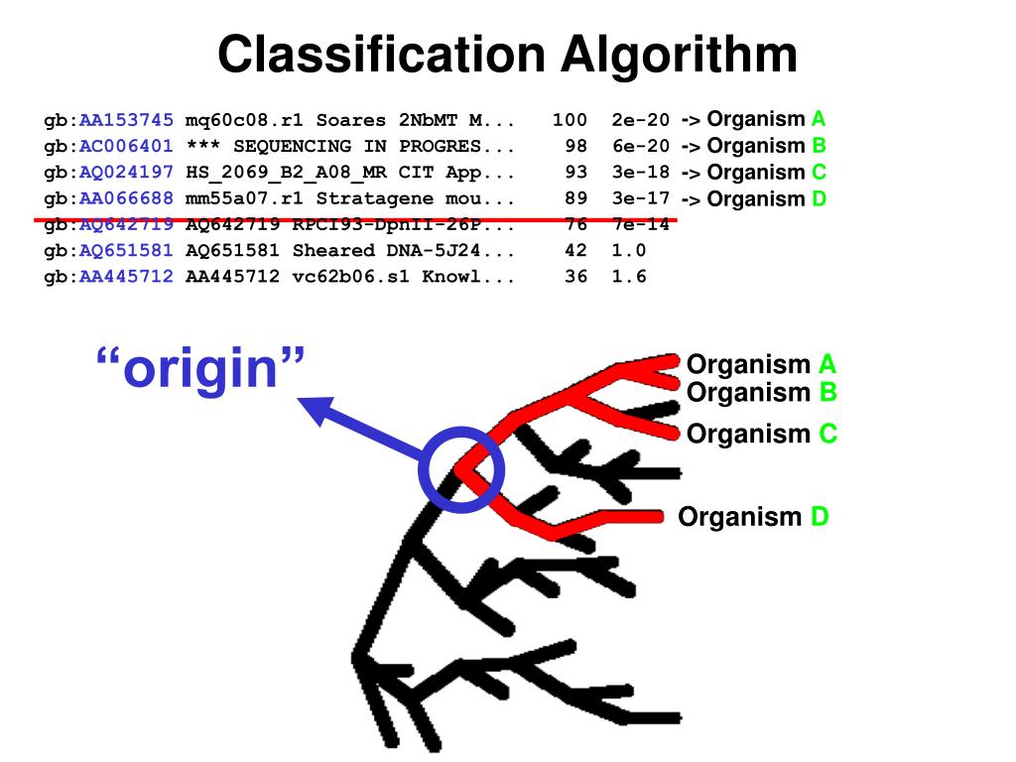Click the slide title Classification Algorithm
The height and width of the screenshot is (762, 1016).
[507, 55]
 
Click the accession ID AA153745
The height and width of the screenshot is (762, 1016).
[127, 120]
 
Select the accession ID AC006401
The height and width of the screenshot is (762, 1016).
[127, 146]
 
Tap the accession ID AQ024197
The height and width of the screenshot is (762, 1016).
[127, 172]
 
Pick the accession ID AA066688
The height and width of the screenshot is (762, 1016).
[127, 198]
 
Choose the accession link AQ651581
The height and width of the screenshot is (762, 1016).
[127, 250]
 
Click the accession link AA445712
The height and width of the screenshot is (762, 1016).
[127, 276]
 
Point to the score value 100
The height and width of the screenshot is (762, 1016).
[570, 120]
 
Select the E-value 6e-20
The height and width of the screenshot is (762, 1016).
[640, 146]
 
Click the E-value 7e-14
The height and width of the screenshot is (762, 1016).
[640, 224]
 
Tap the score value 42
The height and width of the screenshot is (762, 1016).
[575, 250]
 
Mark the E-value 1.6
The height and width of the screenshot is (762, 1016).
[628, 276]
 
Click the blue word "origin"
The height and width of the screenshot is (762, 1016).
[199, 369]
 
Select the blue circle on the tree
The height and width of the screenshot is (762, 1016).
[462, 468]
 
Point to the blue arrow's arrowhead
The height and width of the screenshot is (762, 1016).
[316, 408]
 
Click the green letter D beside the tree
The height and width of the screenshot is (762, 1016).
[820, 517]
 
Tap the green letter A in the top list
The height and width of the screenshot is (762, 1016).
[819, 120]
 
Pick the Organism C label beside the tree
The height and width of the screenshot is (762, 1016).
[761, 434]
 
